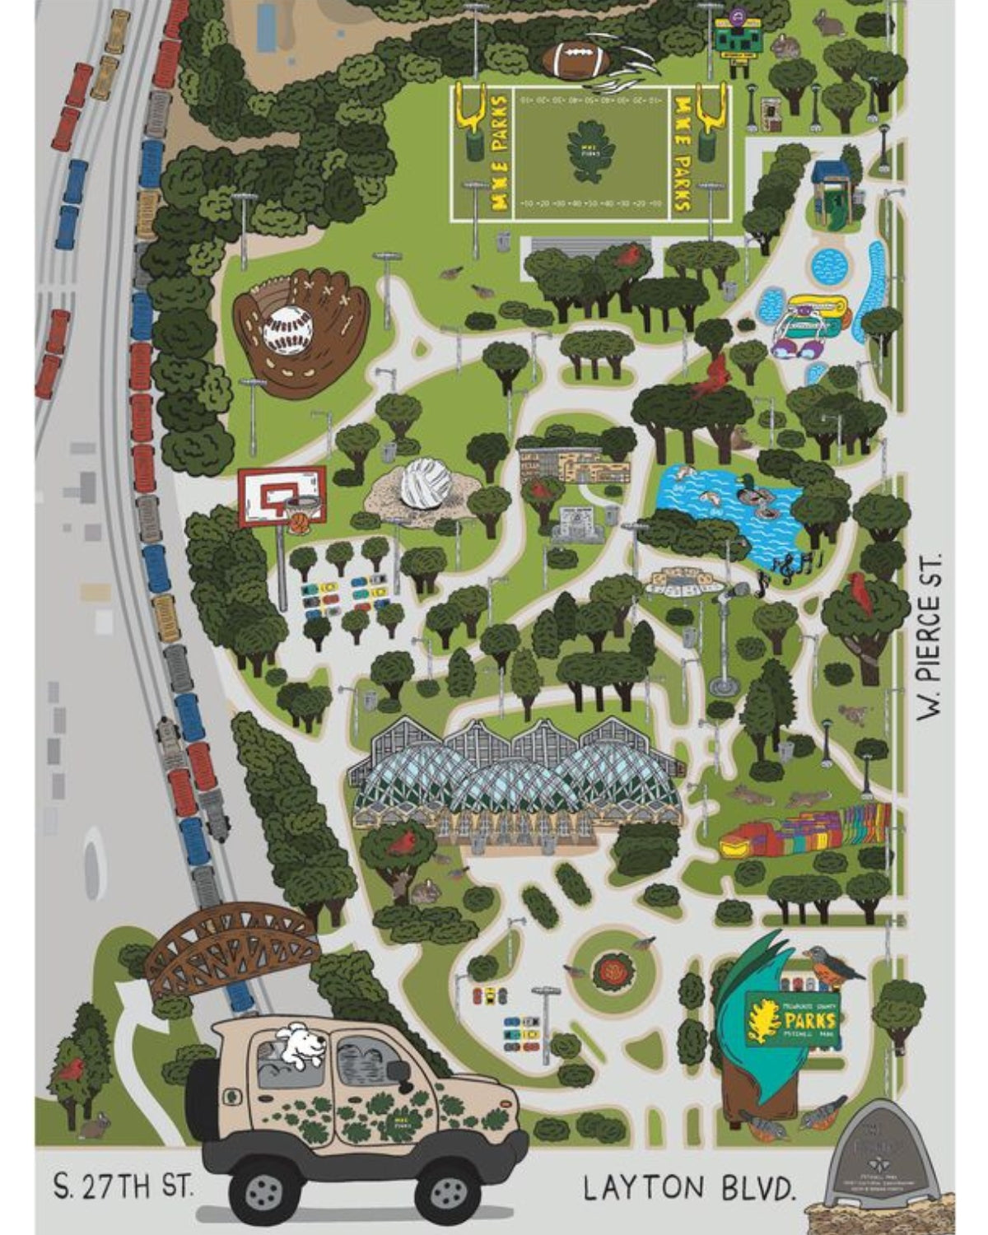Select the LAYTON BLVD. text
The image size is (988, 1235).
(690, 1188)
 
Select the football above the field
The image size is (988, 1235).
(576, 58)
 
